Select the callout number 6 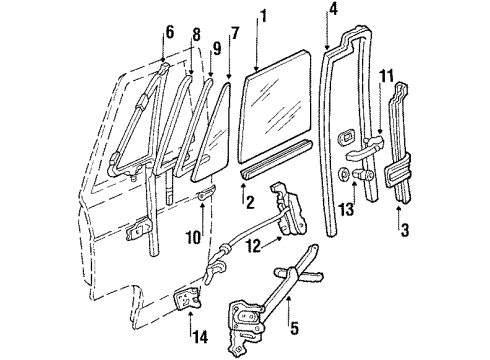(169, 33)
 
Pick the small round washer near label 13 (346, 176)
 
